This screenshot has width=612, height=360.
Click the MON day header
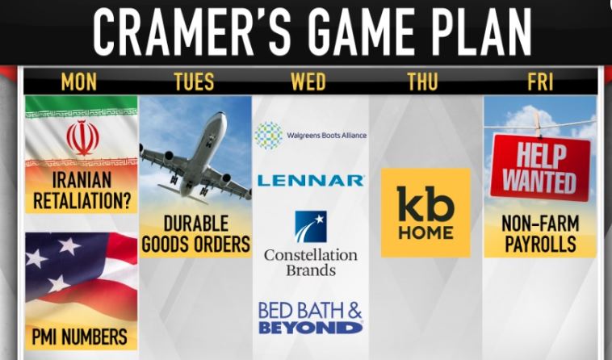coord(79,82)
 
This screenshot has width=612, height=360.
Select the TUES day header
coord(194,82)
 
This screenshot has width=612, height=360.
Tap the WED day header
coord(308,82)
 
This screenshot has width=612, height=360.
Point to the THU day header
coord(423,82)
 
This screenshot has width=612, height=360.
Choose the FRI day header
coord(540,82)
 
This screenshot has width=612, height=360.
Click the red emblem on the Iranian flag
coord(82,138)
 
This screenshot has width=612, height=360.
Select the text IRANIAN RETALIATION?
coord(82,190)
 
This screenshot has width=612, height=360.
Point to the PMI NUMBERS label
coord(79,337)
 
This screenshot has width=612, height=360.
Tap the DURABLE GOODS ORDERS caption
coord(196,234)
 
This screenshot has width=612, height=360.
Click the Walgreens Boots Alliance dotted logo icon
coord(269,136)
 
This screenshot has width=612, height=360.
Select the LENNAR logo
coord(311,181)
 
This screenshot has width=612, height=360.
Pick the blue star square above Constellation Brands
coord(311,227)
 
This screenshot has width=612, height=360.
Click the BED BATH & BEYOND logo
coord(310,318)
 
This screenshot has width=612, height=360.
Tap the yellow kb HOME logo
coord(425,212)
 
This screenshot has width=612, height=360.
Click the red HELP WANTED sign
coord(540,168)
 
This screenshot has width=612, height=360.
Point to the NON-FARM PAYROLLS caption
coord(540,234)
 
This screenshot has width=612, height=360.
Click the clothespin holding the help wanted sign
coord(539,124)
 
